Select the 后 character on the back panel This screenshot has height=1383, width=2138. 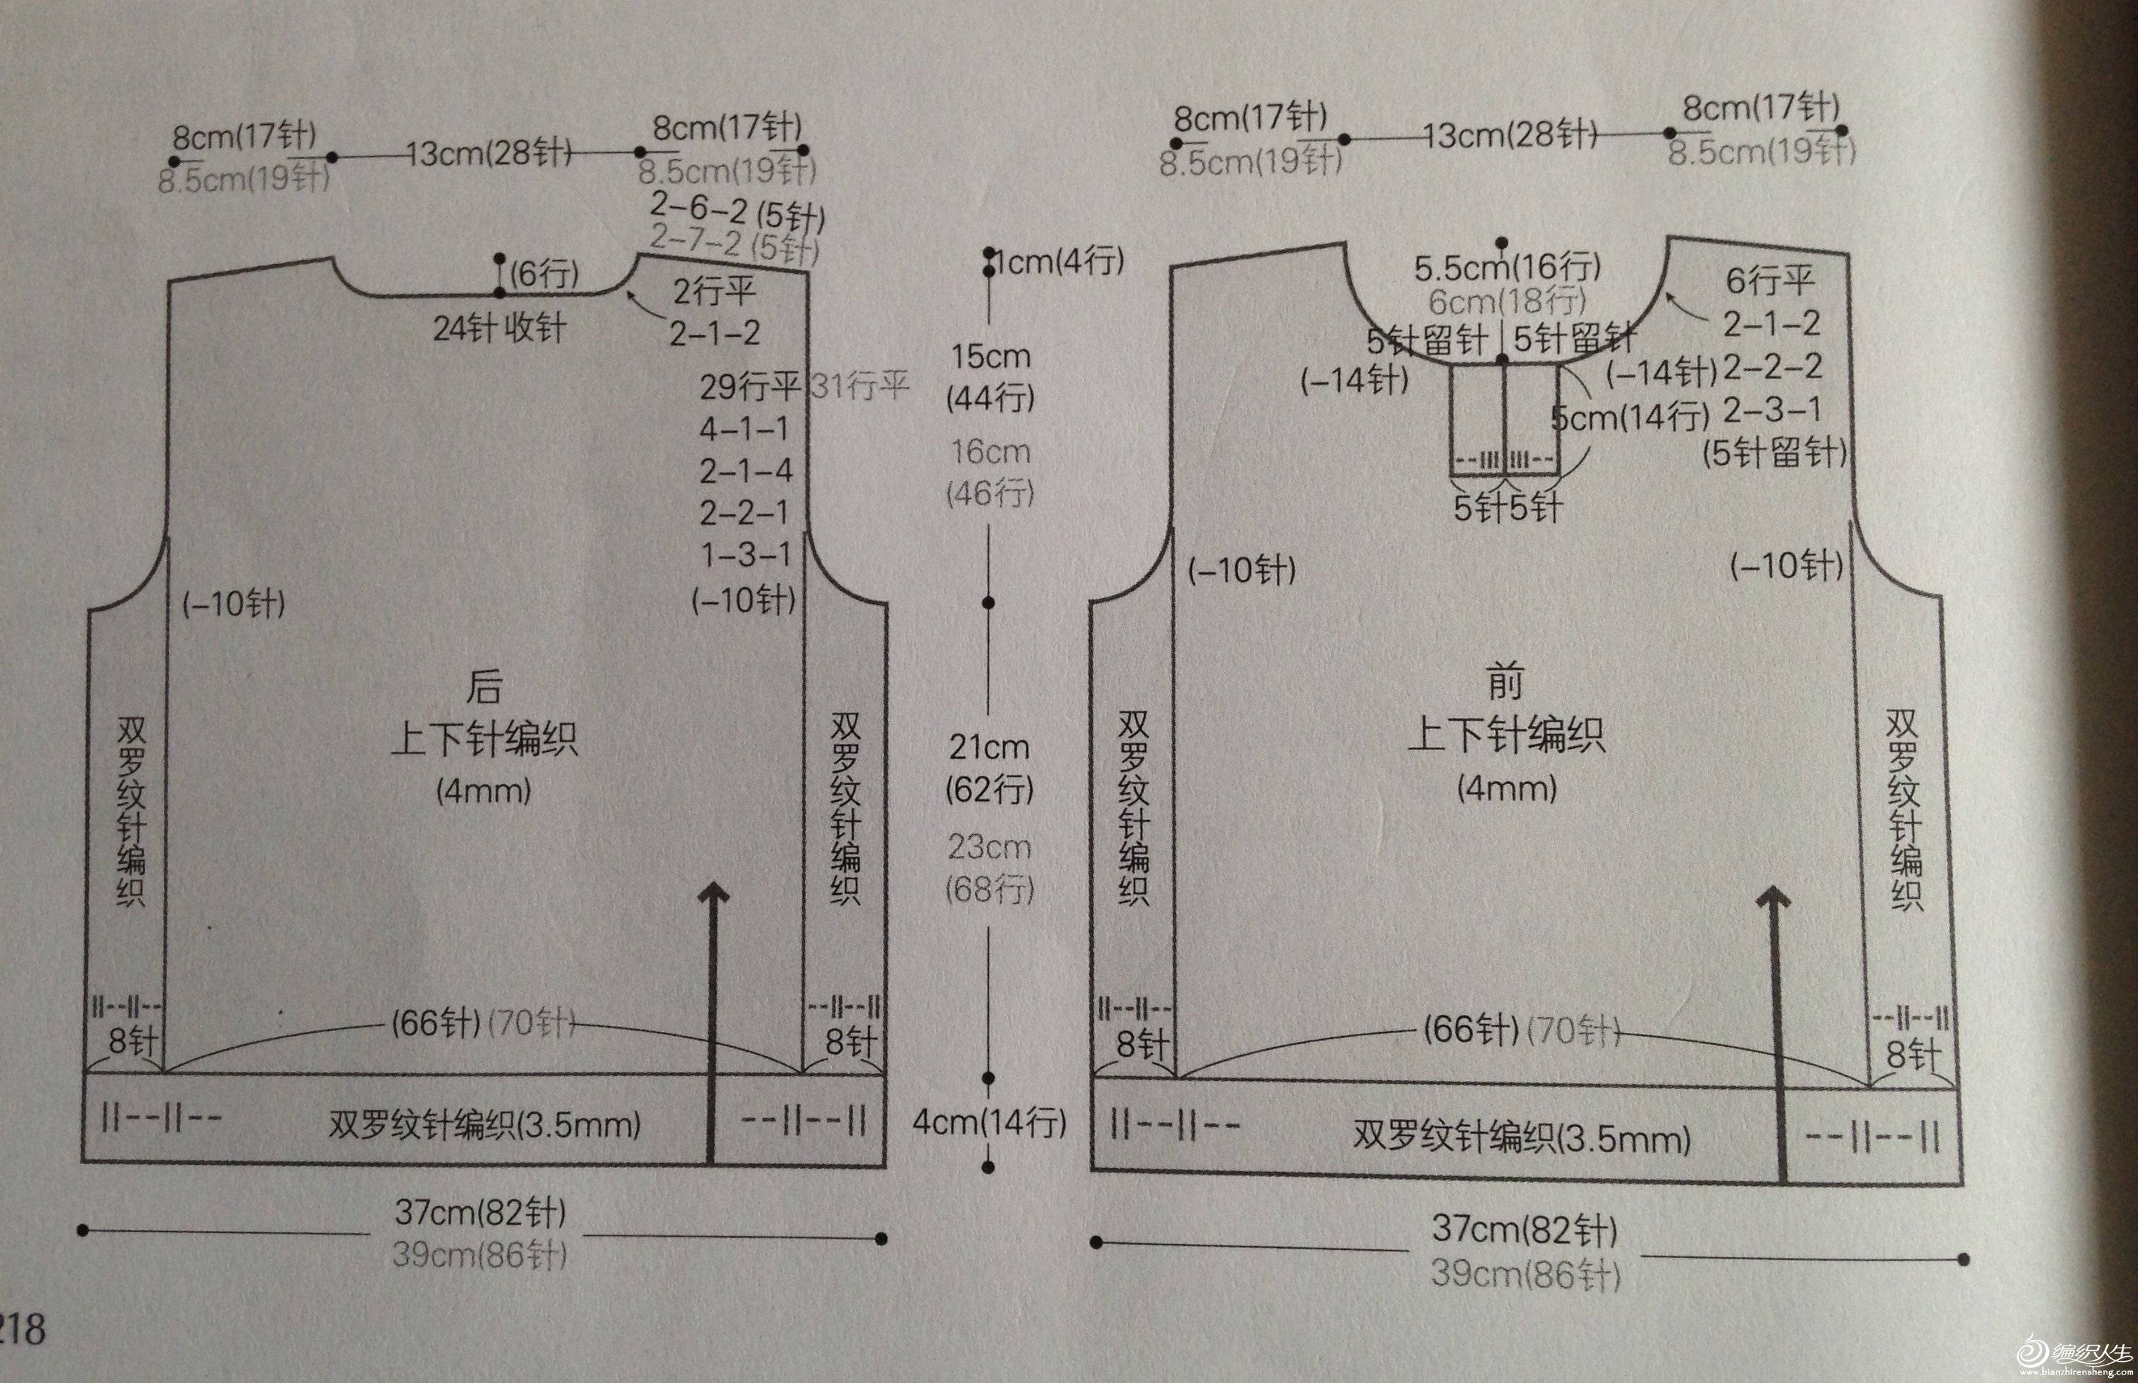[x=484, y=688]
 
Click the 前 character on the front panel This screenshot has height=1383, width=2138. [x=1505, y=685]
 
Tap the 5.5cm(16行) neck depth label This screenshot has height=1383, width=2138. [x=1507, y=267]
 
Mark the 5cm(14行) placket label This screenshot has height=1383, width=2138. [x=1630, y=417]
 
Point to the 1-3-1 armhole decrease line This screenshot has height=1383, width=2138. [x=745, y=555]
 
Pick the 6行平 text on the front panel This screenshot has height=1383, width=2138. [x=1770, y=281]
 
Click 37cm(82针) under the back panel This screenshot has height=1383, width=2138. [x=480, y=1213]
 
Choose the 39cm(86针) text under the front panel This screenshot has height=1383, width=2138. [x=1526, y=1274]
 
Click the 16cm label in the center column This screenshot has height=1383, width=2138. [x=990, y=452]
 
